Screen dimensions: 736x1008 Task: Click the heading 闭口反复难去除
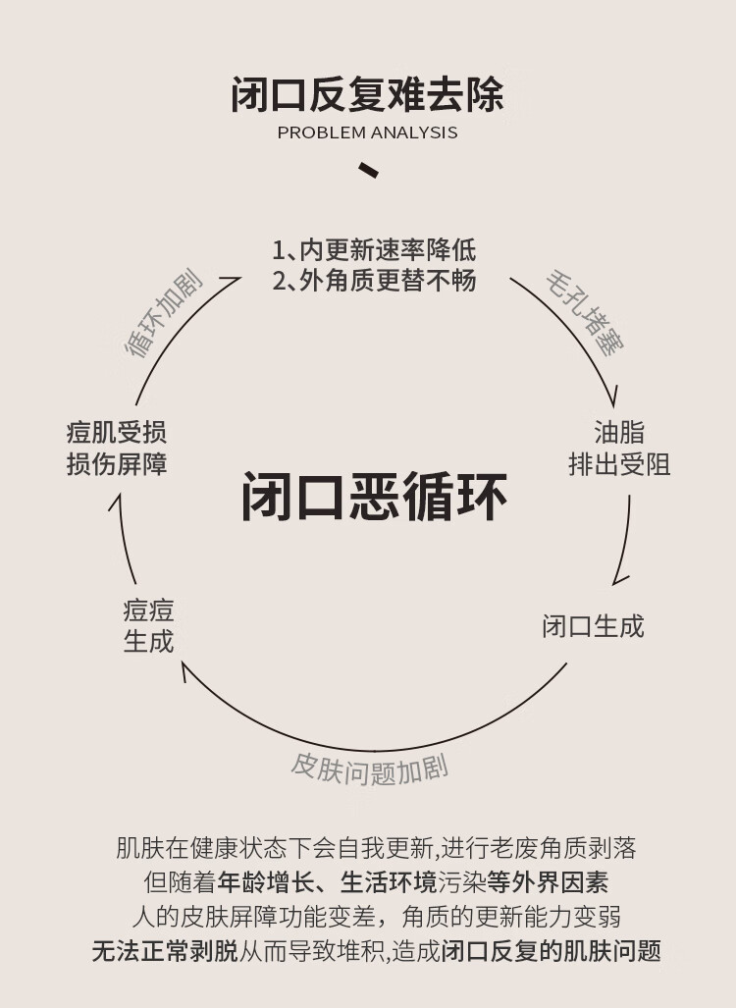[x=367, y=95]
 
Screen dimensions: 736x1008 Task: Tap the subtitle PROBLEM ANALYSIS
[x=367, y=133]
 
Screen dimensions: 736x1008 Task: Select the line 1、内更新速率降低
[x=374, y=249]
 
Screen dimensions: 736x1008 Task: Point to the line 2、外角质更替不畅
[x=374, y=280]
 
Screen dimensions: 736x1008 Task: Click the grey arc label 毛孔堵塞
[x=585, y=313]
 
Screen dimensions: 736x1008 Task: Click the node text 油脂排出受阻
[x=619, y=448]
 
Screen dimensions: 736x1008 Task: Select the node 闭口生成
[x=593, y=626]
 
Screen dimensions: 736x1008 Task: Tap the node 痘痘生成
[x=148, y=626]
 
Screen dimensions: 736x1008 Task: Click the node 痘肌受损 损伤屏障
[x=117, y=448]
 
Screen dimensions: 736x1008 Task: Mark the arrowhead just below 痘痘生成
[x=184, y=671]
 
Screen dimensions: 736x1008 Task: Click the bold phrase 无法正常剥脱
[x=165, y=950]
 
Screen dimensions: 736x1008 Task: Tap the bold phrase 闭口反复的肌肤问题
[x=552, y=950]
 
